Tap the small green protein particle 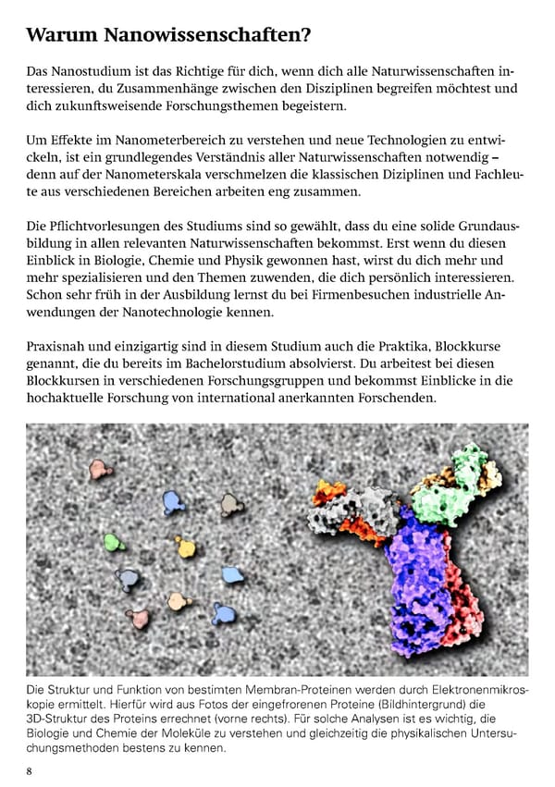click(x=114, y=541)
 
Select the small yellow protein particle click(x=186, y=547)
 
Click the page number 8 click(x=30, y=769)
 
